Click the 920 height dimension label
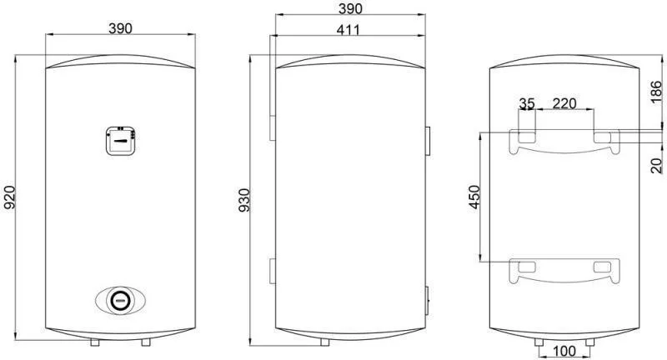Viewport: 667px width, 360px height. pyautogui.click(x=10, y=197)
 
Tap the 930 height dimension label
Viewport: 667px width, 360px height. pyautogui.click(x=244, y=200)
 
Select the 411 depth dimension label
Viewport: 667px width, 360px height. pyautogui.click(x=348, y=30)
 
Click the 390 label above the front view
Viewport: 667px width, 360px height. pyautogui.click(x=120, y=28)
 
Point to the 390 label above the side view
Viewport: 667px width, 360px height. pyautogui.click(x=350, y=8)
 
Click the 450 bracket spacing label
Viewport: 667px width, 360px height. pyautogui.click(x=474, y=197)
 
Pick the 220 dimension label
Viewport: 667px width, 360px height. pyautogui.click(x=564, y=102)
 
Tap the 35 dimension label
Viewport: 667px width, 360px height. pyautogui.click(x=527, y=102)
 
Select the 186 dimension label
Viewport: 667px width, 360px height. pyautogui.click(x=656, y=92)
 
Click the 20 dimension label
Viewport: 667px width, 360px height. pyautogui.click(x=656, y=165)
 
